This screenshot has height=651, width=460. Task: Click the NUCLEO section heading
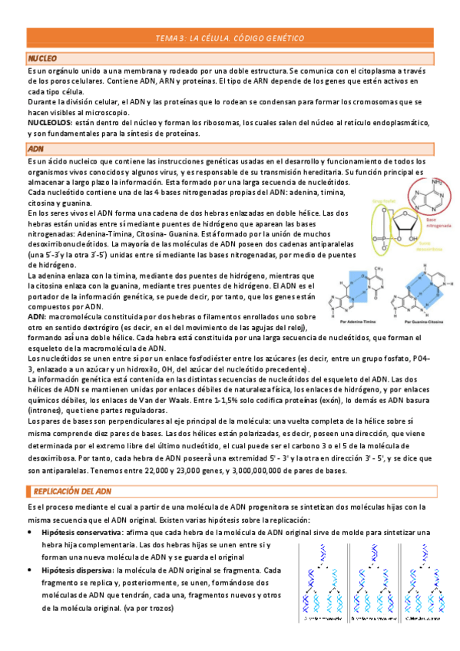[43, 58]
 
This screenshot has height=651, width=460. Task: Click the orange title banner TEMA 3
[230, 38]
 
